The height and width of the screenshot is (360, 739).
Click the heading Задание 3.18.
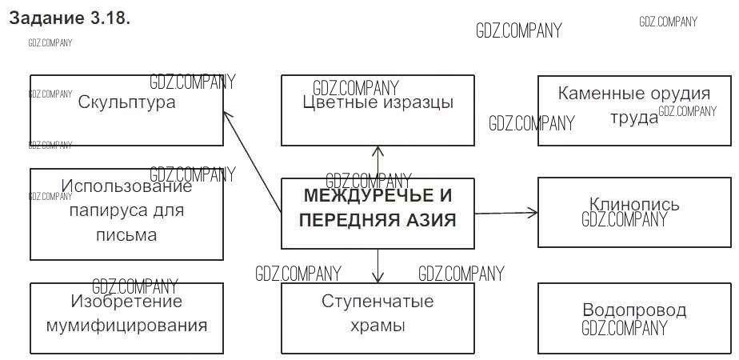(x=69, y=19)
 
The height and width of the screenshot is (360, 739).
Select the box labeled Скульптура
(x=126, y=110)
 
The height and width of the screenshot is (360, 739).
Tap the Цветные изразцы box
(x=377, y=110)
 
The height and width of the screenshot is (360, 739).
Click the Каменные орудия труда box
(x=634, y=110)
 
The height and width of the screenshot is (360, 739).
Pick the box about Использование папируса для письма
(x=126, y=214)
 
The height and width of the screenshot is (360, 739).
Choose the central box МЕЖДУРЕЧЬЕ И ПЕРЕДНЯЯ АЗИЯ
(x=377, y=213)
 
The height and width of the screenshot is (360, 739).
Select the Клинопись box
(x=634, y=212)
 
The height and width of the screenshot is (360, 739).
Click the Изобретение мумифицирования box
(x=126, y=318)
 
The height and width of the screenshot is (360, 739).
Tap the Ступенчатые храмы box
(x=377, y=318)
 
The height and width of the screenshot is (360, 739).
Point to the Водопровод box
(x=634, y=318)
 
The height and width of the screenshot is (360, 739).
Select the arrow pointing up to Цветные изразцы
(x=377, y=162)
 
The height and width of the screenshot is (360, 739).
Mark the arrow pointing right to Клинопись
(x=505, y=213)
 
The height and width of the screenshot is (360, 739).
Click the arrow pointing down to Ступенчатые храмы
(x=377, y=266)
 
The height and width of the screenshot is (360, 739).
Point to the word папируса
(x=126, y=212)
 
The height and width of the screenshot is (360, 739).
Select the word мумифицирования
(x=126, y=326)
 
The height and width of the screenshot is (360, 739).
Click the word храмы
(x=377, y=326)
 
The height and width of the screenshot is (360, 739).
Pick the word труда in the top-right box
(x=634, y=118)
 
